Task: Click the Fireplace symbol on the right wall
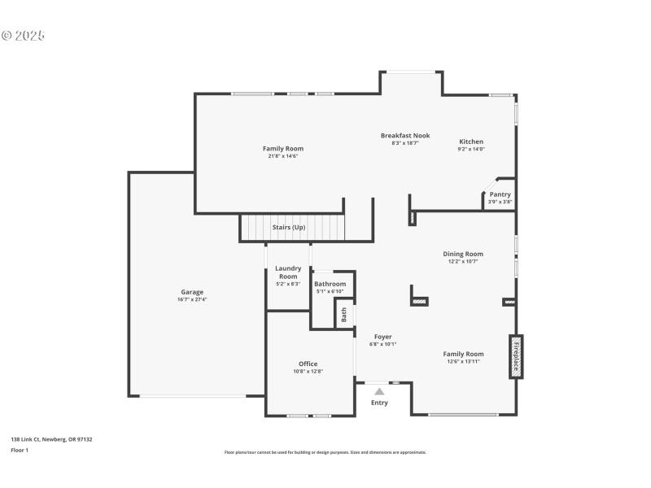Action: [516, 356]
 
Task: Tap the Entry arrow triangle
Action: [379, 392]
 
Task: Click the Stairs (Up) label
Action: [288, 227]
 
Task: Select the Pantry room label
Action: [500, 194]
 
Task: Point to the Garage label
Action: [192, 292]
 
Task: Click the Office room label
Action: [308, 364]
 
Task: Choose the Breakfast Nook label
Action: [405, 136]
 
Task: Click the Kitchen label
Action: [470, 142]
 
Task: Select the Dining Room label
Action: [463, 254]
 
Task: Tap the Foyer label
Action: [382, 337]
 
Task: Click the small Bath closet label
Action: [344, 313]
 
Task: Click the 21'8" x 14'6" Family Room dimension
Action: [282, 156]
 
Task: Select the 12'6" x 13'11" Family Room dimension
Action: [463, 362]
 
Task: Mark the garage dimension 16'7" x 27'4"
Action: [192, 299]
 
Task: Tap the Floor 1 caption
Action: [20, 450]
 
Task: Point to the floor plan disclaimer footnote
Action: [325, 452]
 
